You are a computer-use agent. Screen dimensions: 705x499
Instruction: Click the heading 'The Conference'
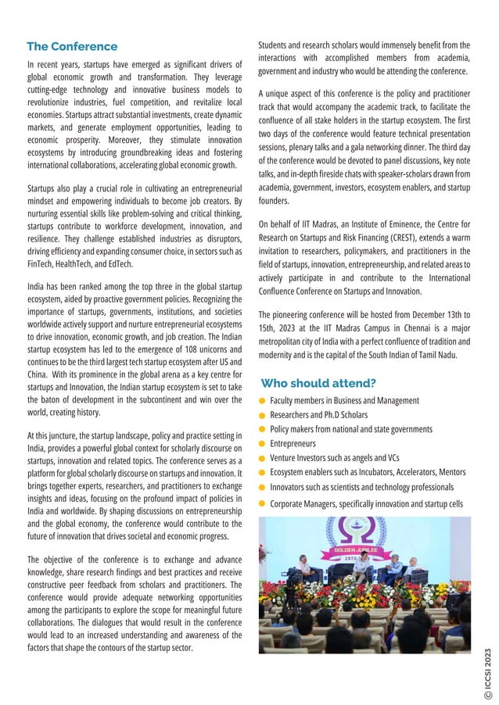[72, 47]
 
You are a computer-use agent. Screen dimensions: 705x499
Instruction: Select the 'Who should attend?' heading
[318, 383]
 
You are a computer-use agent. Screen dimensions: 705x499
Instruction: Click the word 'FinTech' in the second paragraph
[41, 264]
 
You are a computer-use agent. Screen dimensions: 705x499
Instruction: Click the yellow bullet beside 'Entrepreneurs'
[264, 444]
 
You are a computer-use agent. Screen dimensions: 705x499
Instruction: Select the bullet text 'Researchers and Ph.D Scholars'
[318, 415]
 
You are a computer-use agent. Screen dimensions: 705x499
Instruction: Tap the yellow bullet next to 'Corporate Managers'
[264, 504]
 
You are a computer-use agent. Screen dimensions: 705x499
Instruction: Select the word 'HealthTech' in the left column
[76, 264]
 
